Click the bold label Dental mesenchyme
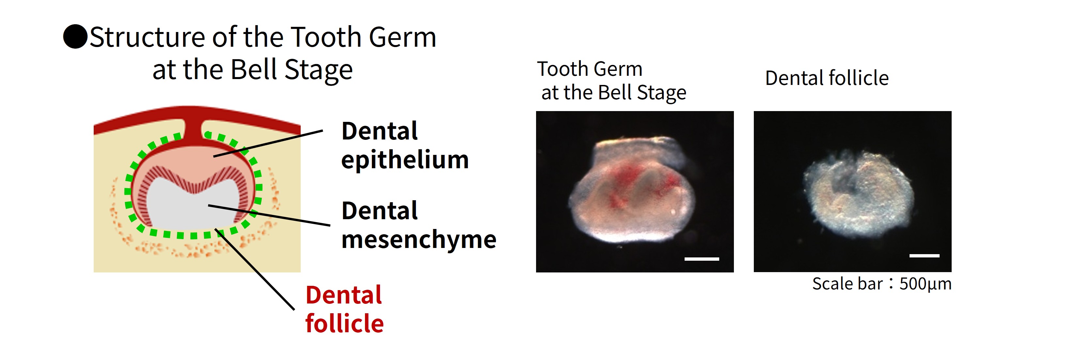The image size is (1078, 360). [x=419, y=225]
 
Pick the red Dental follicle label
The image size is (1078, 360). [x=344, y=309]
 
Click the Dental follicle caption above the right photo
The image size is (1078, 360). [x=827, y=78]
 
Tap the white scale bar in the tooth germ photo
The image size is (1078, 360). [x=702, y=259]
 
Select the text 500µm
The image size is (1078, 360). [x=925, y=284]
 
